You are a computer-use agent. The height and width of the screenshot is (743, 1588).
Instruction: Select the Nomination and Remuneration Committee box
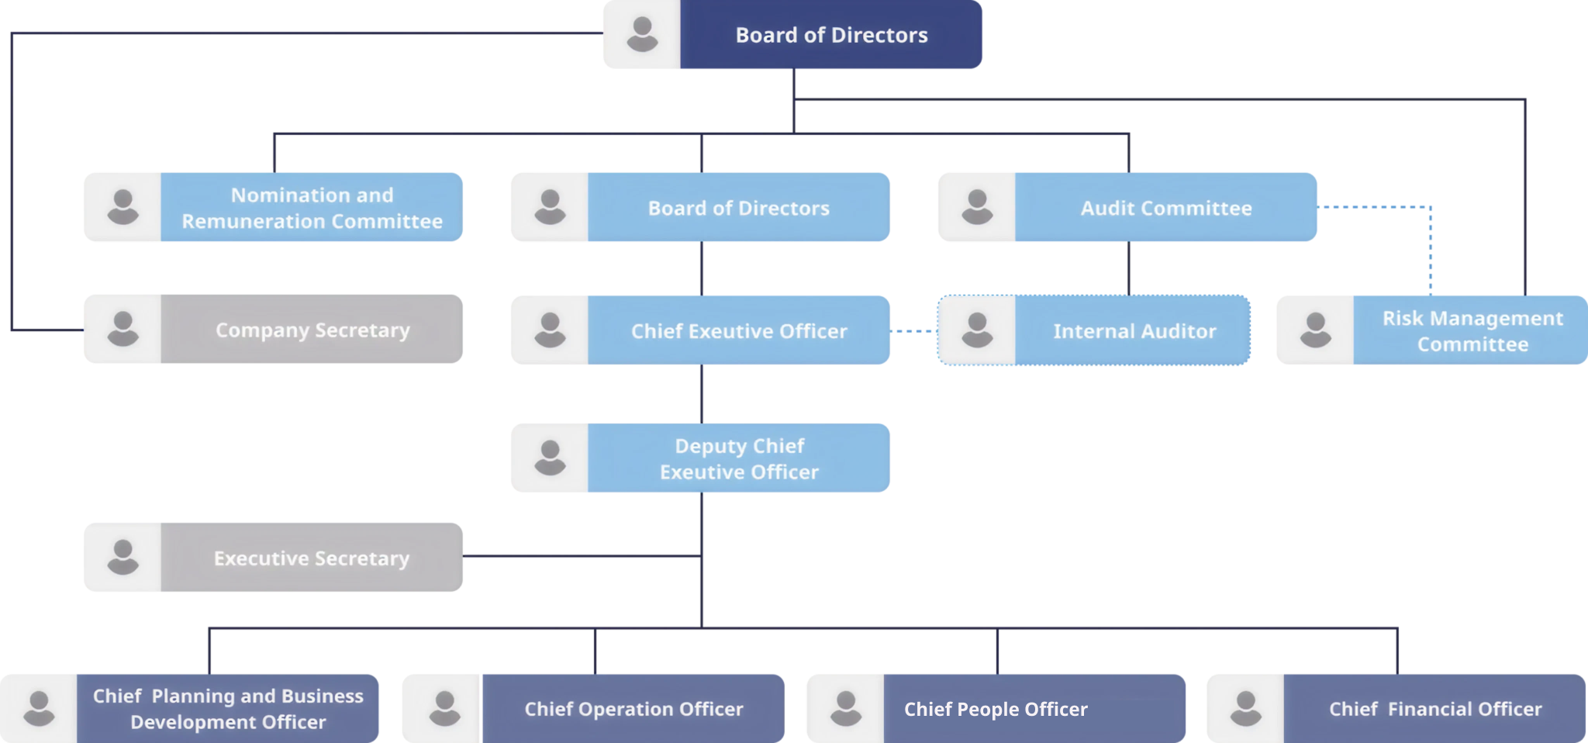[x=312, y=207]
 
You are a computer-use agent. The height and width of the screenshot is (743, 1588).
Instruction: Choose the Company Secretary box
[x=312, y=330]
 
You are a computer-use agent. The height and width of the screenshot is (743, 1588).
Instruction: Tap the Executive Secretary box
[x=312, y=558]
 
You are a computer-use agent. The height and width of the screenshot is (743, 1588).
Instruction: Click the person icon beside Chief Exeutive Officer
[x=550, y=330]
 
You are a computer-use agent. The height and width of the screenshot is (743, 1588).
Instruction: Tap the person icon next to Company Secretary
[x=123, y=329]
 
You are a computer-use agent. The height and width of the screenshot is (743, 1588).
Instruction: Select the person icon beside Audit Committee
[x=977, y=207]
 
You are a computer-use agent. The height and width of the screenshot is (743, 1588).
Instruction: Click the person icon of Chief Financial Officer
[x=1245, y=708]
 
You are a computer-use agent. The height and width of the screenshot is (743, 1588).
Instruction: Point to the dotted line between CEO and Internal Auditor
[x=913, y=331]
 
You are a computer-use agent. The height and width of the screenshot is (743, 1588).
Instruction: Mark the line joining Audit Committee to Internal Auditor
[x=1128, y=268]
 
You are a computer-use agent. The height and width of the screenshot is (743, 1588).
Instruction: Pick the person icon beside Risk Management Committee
[x=1315, y=330]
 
